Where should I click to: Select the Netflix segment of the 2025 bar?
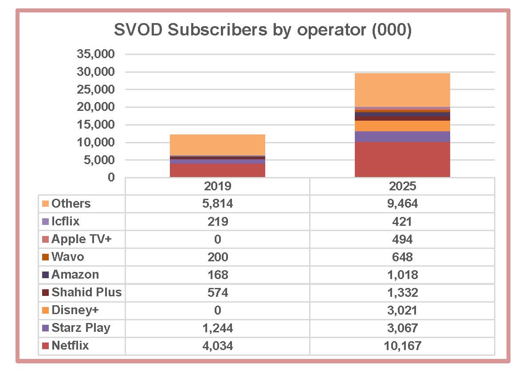pyautogui.click(x=402, y=159)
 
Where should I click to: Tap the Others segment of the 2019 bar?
pyautogui.click(x=217, y=145)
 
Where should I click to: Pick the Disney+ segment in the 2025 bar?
pyautogui.click(x=402, y=126)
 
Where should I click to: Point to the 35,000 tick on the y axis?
pyautogui.click(x=96, y=54)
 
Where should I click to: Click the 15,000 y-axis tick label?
pyautogui.click(x=96, y=125)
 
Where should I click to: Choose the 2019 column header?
pyautogui.click(x=217, y=185)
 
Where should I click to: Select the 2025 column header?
pyautogui.click(x=402, y=185)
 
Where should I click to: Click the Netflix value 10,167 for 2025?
pyautogui.click(x=402, y=346)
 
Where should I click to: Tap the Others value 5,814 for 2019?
pyautogui.click(x=217, y=204)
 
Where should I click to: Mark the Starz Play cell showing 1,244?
pyautogui.click(x=217, y=328)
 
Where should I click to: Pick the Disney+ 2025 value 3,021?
pyautogui.click(x=402, y=310)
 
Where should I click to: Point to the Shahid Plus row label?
pyautogui.click(x=86, y=292)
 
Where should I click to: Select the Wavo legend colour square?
pyautogui.click(x=45, y=257)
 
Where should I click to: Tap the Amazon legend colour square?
pyautogui.click(x=45, y=275)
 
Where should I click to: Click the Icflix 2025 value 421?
pyautogui.click(x=402, y=221)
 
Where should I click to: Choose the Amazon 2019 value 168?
pyautogui.click(x=217, y=275)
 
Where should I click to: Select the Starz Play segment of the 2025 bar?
pyautogui.click(x=402, y=137)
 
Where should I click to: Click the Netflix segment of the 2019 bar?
pyautogui.click(x=217, y=170)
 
